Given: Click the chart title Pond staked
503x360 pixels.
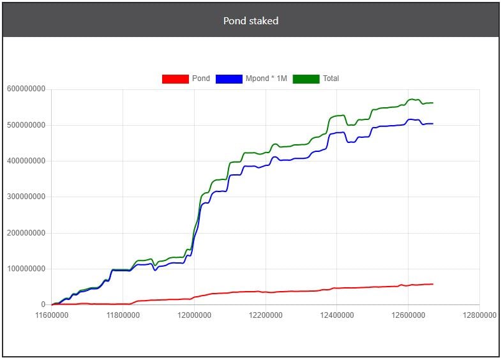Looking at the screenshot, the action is pos(251,21).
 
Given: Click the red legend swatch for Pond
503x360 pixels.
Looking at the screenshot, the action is pos(175,79).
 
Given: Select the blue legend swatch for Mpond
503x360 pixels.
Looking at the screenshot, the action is pos(229,79).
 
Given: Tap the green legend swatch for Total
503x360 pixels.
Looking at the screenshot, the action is pos(306,79).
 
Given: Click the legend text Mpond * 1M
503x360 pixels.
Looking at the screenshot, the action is pos(266,79).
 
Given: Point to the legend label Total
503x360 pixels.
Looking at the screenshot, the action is pos(331,79).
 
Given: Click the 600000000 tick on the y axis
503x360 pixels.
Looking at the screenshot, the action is pos(26,89).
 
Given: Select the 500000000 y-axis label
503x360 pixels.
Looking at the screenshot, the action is pos(26,125).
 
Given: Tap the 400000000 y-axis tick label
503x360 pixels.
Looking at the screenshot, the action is pos(26,161).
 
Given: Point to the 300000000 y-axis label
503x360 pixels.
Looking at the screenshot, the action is pos(26,197).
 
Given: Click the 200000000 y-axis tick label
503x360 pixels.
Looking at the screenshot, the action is pos(26,233).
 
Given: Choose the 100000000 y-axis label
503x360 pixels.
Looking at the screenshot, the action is pos(26,269).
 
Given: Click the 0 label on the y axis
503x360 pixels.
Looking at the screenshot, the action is pos(43,305).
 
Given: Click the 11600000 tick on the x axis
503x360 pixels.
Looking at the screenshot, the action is pos(52,315).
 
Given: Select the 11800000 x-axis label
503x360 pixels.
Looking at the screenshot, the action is pos(123,315).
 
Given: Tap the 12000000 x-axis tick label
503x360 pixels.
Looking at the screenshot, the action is pos(195,315).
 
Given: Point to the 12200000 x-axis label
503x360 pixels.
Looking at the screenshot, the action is pos(266,315).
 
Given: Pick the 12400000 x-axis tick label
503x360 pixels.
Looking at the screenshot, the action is pos(337,315).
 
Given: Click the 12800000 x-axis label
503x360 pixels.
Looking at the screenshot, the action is pos(479,315).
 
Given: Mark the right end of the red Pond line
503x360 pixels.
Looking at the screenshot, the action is pos(433,284).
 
